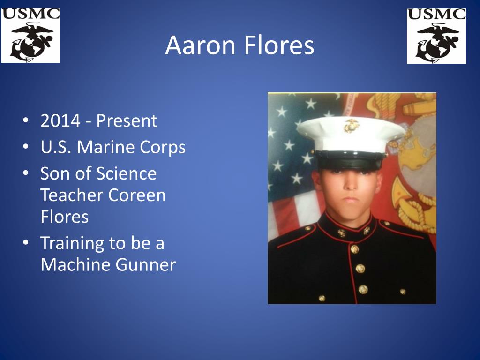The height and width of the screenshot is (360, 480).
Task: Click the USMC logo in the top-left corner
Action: tap(30, 36)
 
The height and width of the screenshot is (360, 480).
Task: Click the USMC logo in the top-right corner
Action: tap(436, 36)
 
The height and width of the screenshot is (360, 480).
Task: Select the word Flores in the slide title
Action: tap(279, 45)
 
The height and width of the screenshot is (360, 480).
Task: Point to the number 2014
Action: tap(60, 120)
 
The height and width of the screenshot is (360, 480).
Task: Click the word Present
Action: tap(127, 120)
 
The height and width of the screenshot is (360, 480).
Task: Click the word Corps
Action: tap(163, 148)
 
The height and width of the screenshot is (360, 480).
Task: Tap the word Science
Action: tap(127, 173)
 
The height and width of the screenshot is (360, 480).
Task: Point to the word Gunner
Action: tap(146, 265)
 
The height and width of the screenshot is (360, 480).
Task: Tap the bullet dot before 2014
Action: tap(26, 120)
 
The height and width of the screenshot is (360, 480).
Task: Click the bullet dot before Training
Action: tap(26, 242)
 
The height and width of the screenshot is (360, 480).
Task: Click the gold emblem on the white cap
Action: tap(351, 126)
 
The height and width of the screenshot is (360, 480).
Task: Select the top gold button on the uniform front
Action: tap(355, 249)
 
